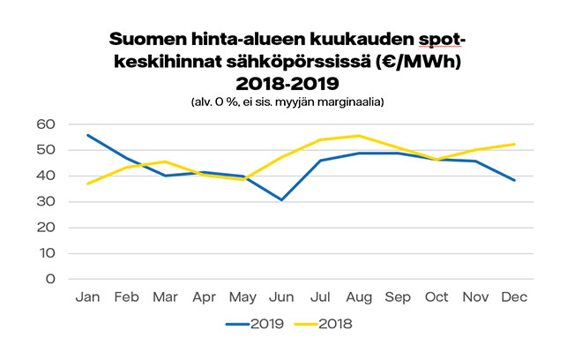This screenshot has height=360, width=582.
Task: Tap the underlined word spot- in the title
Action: click(x=438, y=41)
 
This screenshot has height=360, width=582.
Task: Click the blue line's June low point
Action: click(x=281, y=199)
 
